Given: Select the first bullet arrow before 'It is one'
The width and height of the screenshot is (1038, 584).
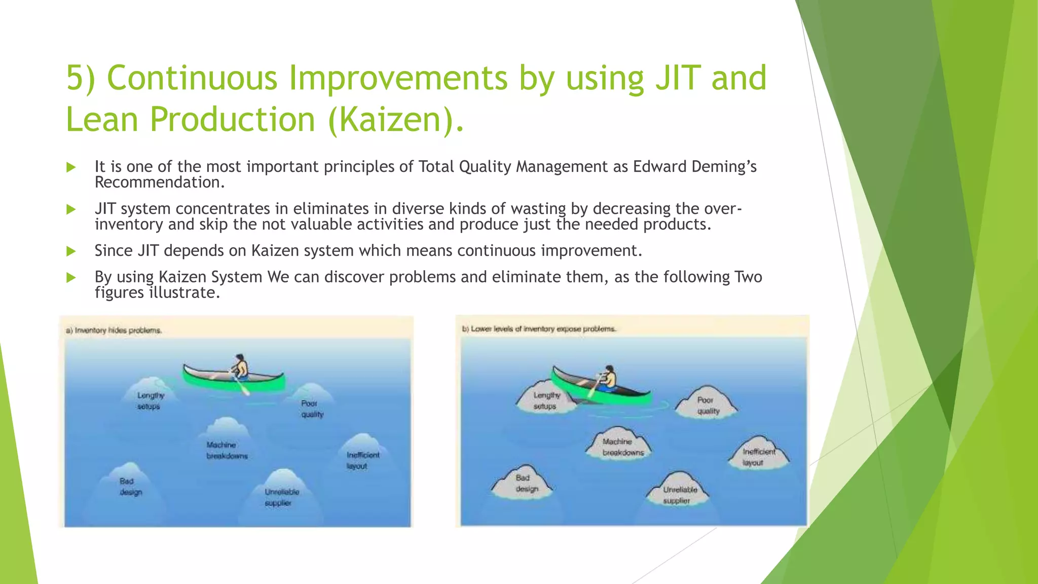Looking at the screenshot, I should coord(71,167).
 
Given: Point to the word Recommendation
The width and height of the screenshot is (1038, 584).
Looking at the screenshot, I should coord(159,182).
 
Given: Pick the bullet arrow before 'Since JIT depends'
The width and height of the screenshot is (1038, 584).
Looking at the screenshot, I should coord(71,251).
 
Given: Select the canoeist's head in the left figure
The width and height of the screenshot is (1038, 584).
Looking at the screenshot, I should coord(241,358).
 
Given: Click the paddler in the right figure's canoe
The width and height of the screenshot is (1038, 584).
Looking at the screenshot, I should coord(608,377).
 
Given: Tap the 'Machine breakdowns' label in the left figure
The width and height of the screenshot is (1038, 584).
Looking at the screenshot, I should coord(227,450).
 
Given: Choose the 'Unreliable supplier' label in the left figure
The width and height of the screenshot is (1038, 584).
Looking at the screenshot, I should coord(281,497).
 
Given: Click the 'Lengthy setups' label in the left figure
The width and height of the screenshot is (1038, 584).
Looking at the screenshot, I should coord(150,400).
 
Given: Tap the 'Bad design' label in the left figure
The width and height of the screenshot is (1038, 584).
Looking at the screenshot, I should coord(130,487).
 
